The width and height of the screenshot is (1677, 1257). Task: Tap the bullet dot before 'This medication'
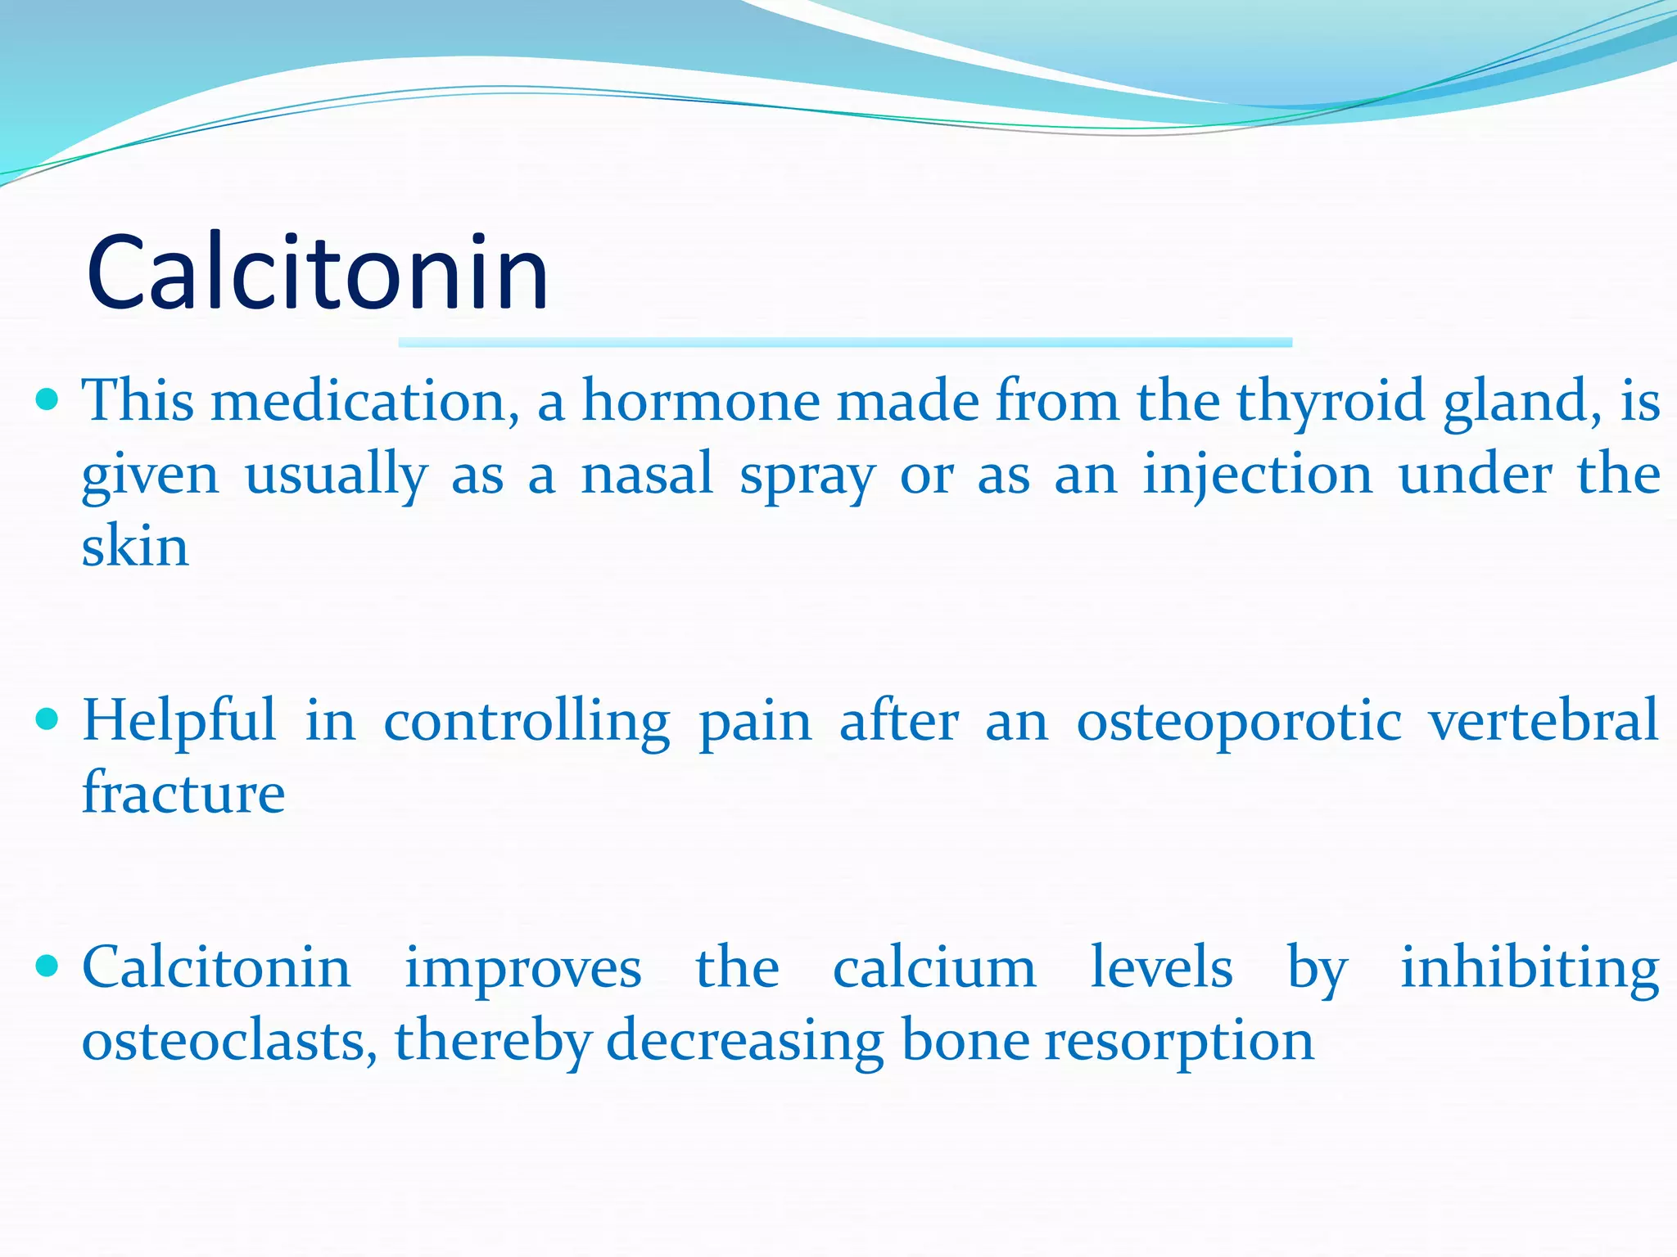(48, 399)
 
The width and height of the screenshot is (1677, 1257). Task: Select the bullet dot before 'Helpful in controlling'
(48, 719)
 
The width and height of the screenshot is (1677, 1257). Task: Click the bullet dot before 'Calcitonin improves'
(48, 966)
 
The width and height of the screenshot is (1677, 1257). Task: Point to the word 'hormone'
(701, 401)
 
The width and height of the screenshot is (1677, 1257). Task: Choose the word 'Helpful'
(179, 722)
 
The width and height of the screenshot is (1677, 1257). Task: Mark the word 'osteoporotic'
(1238, 722)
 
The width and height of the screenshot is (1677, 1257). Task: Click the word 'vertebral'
(1543, 720)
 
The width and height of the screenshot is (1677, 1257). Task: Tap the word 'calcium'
(934, 968)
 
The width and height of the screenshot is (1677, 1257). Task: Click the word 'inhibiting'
(1529, 968)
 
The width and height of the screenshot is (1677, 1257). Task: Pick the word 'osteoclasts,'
(229, 1040)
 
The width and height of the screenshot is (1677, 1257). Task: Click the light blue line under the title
(845, 342)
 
